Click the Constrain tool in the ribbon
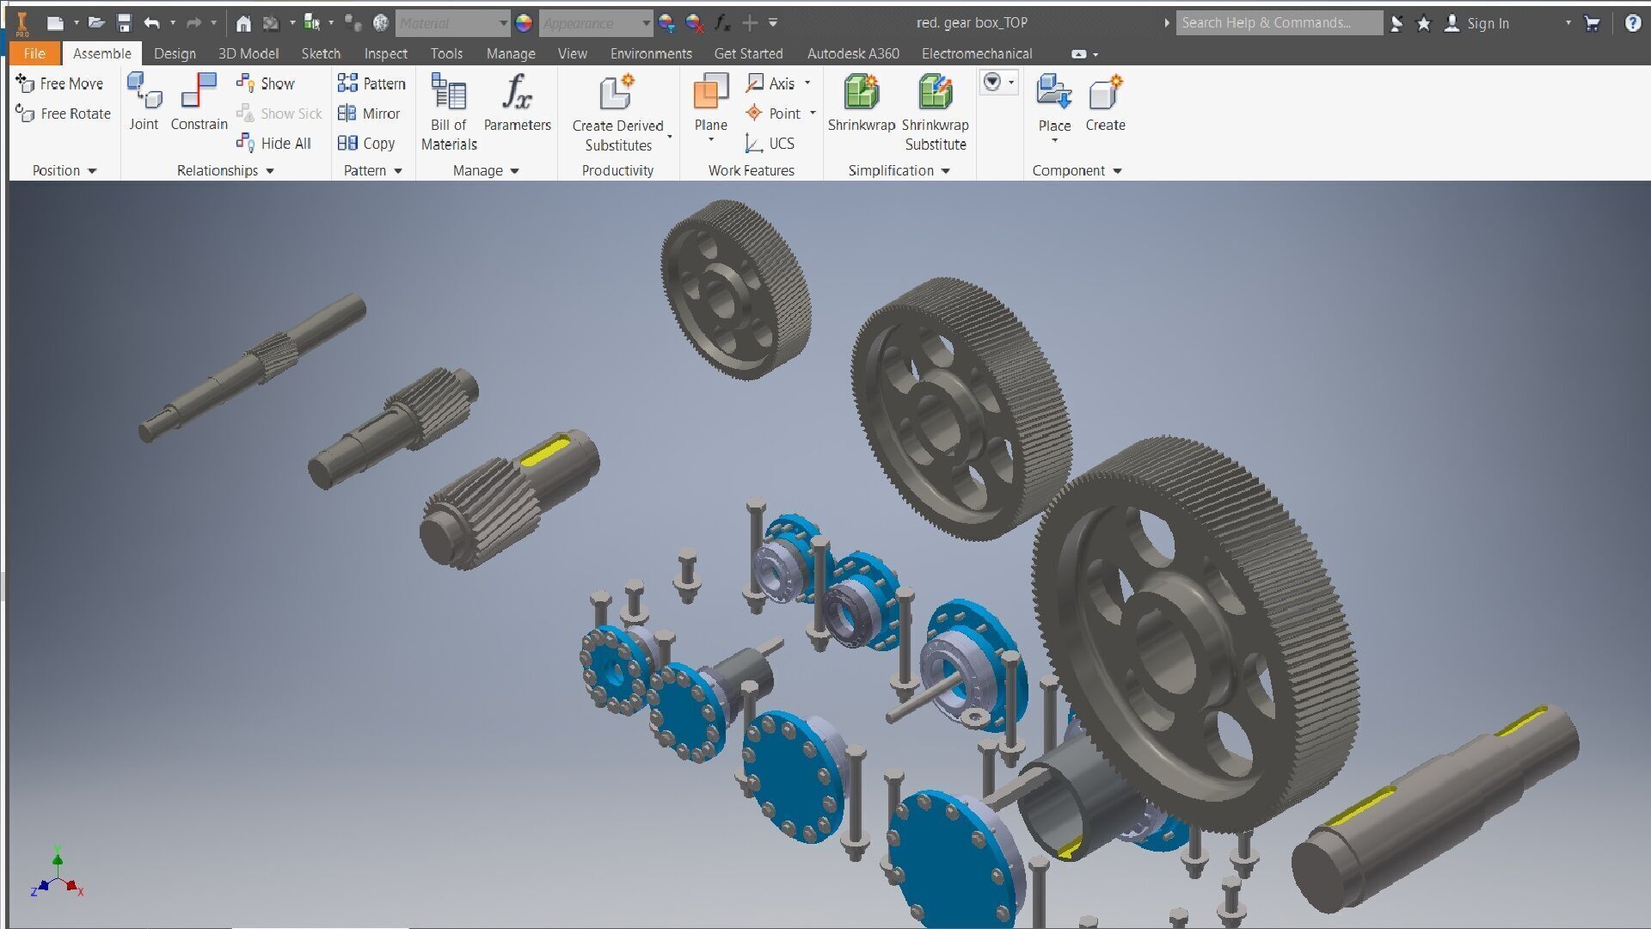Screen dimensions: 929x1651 (199, 102)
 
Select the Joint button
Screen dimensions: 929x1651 (144, 102)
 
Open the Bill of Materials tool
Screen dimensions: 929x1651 (449, 112)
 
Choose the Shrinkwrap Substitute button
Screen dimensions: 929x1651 (936, 112)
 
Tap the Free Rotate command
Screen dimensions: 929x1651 (64, 114)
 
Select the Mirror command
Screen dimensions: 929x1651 (370, 114)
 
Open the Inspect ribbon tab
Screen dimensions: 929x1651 (385, 53)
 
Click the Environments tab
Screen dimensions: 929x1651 (651, 53)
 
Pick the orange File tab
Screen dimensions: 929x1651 (34, 53)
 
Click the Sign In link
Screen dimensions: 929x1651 (1487, 23)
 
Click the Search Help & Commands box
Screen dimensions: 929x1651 (1278, 23)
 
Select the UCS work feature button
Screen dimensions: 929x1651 (771, 144)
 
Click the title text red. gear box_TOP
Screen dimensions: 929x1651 (972, 23)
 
